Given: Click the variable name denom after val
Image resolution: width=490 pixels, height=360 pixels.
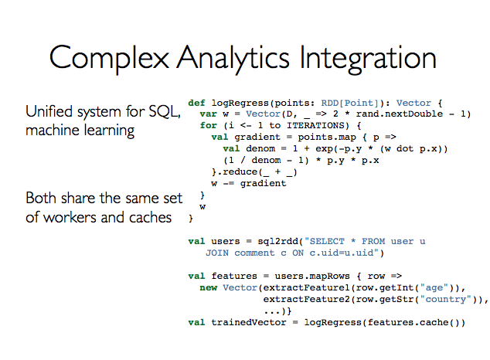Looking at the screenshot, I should click(x=266, y=148).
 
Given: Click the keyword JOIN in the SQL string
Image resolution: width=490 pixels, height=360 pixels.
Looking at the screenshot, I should click(x=217, y=253).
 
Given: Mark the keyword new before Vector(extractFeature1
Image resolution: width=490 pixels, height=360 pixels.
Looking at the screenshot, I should click(x=209, y=287).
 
